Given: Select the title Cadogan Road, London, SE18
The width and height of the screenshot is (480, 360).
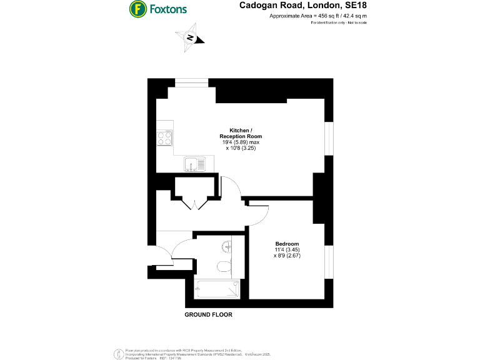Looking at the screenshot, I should click(x=303, y=6).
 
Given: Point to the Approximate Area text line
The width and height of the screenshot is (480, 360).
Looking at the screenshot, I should click(x=318, y=16).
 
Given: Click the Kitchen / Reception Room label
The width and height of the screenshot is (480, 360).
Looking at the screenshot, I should click(x=241, y=132).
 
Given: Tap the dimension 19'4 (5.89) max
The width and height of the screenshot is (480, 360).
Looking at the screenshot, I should click(x=241, y=142).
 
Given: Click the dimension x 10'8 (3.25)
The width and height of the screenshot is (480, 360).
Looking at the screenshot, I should click(x=241, y=149).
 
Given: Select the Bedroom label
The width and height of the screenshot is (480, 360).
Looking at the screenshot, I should click(x=287, y=244).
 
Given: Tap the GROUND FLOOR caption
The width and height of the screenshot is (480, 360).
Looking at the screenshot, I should click(x=208, y=315).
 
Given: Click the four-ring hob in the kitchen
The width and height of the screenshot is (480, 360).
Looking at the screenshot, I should click(x=165, y=137).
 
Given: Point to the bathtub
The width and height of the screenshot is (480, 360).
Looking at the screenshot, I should click(x=217, y=289).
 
